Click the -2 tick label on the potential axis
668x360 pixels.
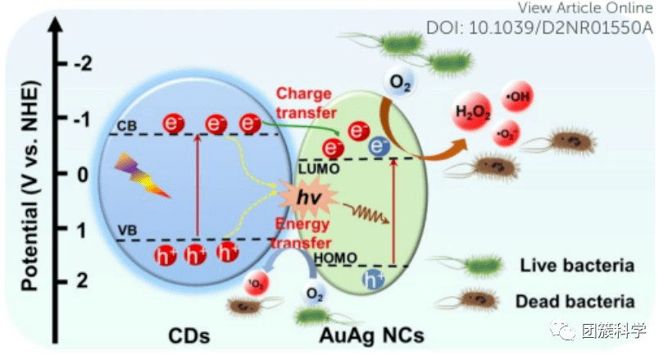tap(83, 64)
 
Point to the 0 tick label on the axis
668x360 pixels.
tap(81, 174)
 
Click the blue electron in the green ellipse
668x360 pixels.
tap(379, 147)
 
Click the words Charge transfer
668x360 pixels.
tap(306, 102)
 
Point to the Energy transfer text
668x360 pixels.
tap(306, 234)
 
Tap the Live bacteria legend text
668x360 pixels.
tap(577, 266)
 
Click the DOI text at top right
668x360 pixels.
tap(539, 27)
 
